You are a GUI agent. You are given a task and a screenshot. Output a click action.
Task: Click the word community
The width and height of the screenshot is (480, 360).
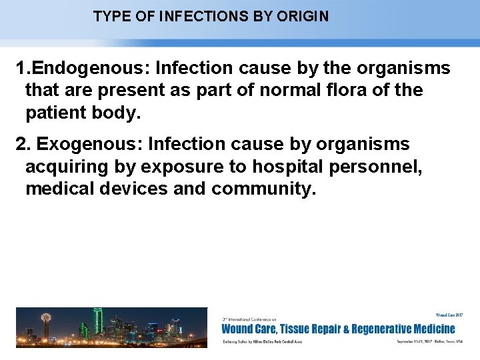[263, 189]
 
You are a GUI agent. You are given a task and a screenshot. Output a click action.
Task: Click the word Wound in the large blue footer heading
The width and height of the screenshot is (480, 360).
[237, 328]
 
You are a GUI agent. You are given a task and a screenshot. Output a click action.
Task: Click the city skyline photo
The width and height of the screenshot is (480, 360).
[111, 327]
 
